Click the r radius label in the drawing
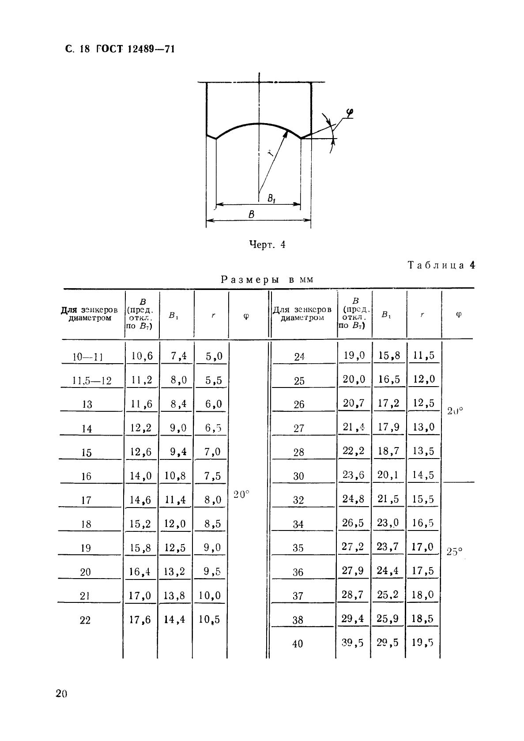pyautogui.click(x=270, y=153)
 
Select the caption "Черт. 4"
pyautogui.click(x=268, y=244)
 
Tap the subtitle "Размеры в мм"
pyautogui.click(x=267, y=279)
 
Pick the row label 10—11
pyautogui.click(x=87, y=357)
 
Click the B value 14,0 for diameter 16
pyautogui.click(x=141, y=476)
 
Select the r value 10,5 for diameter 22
pyautogui.click(x=210, y=619)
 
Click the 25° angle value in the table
pyautogui.click(x=454, y=551)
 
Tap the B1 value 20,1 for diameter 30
pyautogui.click(x=388, y=474)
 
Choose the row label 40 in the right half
pyautogui.click(x=298, y=643)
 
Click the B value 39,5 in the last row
pyautogui.click(x=353, y=643)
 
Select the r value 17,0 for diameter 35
pyautogui.click(x=423, y=547)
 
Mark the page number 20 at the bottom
pyautogui.click(x=61, y=694)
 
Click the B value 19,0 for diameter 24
pyautogui.click(x=354, y=355)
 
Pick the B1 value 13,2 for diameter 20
pyautogui.click(x=174, y=572)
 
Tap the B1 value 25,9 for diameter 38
pyautogui.click(x=388, y=618)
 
